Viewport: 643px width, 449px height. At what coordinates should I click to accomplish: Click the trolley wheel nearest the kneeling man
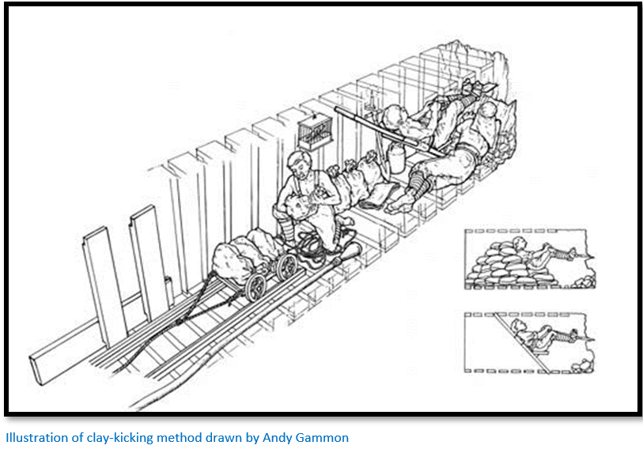click(x=286, y=267)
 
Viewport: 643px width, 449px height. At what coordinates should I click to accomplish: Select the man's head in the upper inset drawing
click(x=519, y=243)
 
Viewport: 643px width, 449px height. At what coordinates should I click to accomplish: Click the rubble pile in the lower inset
click(x=583, y=365)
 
